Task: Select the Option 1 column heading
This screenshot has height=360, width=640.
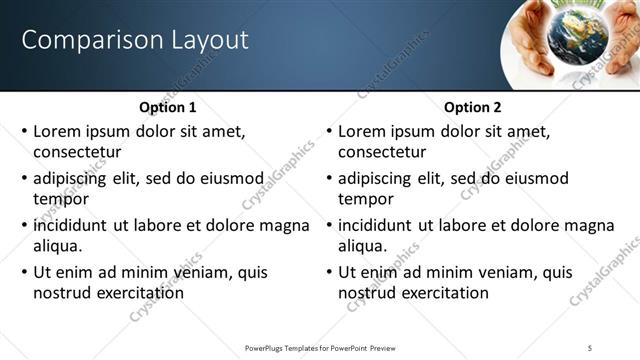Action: [x=167, y=107]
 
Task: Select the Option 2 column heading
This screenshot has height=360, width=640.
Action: [x=472, y=107]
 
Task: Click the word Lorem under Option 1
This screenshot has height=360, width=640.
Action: [x=58, y=131]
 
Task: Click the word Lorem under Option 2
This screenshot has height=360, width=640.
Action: [x=363, y=131]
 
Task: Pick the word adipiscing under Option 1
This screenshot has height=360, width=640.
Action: [x=74, y=178]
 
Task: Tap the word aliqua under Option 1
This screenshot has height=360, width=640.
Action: [x=56, y=246]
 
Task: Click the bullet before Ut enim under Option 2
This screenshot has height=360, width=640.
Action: [x=329, y=272]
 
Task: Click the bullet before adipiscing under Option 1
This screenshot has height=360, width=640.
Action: [x=24, y=178]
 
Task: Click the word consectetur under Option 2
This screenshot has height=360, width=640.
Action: [x=382, y=152]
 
